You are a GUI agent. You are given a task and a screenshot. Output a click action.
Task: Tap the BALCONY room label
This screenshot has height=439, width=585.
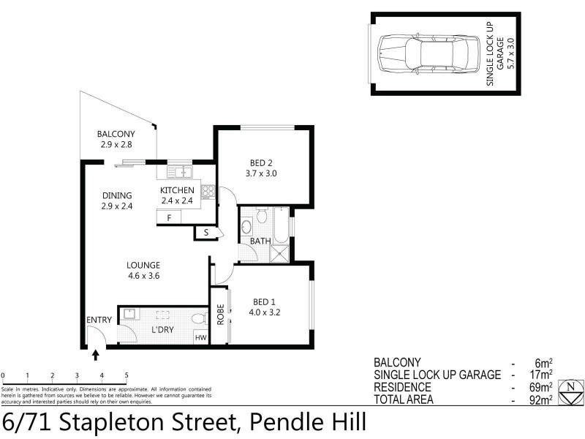pyautogui.click(x=116, y=134)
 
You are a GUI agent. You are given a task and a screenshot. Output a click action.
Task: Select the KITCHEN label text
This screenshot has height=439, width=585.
pyautogui.click(x=177, y=190)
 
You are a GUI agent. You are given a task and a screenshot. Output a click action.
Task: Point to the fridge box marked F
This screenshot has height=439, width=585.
pyautogui.click(x=169, y=218)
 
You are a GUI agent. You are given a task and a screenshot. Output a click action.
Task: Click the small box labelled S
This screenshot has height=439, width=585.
pyautogui.click(x=206, y=233)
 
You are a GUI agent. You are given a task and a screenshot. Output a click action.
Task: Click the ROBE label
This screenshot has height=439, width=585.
pyautogui.click(x=219, y=315)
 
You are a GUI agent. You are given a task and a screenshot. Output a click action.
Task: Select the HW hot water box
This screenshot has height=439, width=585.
pyautogui.click(x=200, y=337)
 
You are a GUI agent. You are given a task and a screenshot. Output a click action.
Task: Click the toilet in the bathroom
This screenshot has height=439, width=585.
pyautogui.click(x=246, y=226)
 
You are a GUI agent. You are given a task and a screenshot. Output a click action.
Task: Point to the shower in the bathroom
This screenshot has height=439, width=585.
pyautogui.click(x=279, y=253)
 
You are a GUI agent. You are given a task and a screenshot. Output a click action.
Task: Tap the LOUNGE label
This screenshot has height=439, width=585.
pyautogui.click(x=143, y=265)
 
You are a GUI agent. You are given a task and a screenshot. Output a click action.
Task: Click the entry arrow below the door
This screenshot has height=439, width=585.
pyautogui.click(x=96, y=356)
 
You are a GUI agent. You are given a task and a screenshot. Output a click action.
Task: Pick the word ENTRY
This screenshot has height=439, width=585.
pyautogui.click(x=99, y=320)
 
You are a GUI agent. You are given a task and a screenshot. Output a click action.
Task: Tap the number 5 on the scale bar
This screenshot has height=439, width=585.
pyautogui.click(x=127, y=375)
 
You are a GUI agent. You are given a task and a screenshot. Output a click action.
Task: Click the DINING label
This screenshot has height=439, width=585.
pyautogui.click(x=117, y=195)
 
